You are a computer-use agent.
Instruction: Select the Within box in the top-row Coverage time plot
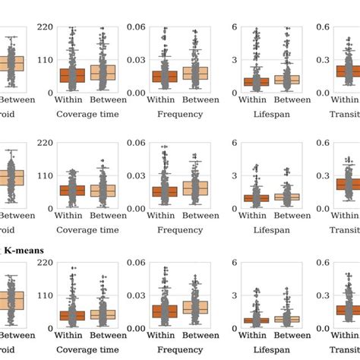coord(72,75)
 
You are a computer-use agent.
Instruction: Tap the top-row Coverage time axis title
coord(87,114)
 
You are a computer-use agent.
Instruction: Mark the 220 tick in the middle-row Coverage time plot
coord(45,143)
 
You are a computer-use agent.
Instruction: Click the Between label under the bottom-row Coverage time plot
coord(103,335)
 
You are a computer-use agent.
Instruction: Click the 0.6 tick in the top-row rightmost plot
coord(322,27)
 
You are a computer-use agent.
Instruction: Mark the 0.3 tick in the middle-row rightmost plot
coord(322,175)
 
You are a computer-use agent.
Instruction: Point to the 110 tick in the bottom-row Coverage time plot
coord(45,295)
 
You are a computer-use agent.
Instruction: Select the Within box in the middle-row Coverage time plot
coord(72,190)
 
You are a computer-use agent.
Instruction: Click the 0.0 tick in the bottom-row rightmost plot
coord(322,328)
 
